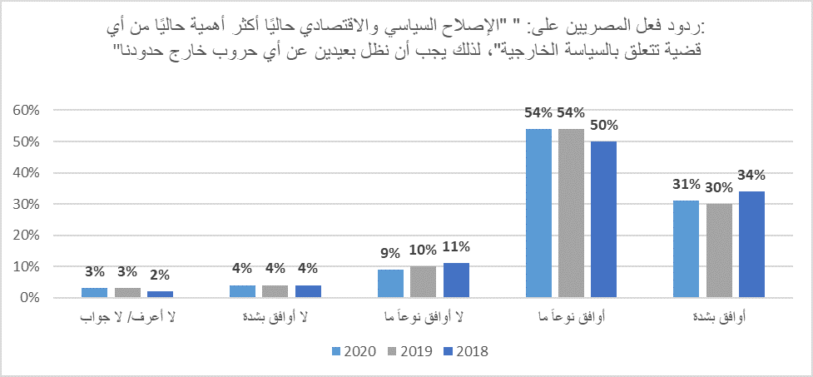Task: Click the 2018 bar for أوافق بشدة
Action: click(x=751, y=245)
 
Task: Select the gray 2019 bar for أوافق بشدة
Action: click(x=718, y=251)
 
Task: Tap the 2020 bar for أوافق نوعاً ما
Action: click(x=539, y=213)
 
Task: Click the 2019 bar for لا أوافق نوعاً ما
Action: click(x=423, y=282)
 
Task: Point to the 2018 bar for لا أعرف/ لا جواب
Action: click(x=160, y=295)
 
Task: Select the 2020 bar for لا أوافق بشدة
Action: click(x=242, y=291)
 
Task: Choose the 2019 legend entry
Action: click(x=408, y=350)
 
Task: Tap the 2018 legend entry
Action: click(x=466, y=350)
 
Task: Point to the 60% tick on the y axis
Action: click(x=25, y=111)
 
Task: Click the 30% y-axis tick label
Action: click(x=25, y=204)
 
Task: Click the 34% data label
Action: click(x=751, y=175)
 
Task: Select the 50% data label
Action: click(x=603, y=126)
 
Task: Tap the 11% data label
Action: click(x=456, y=246)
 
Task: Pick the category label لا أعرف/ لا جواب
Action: click(x=126, y=319)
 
